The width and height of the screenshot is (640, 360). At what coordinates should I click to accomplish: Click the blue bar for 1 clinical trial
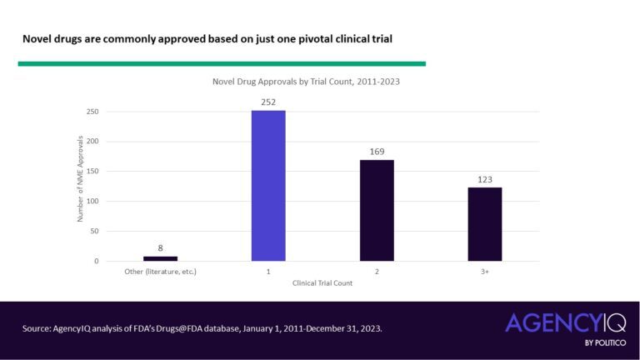pyautogui.click(x=268, y=186)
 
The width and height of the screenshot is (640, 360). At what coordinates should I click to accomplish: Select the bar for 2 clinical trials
pyautogui.click(x=377, y=210)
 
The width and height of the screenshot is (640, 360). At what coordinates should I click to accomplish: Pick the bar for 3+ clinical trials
pyautogui.click(x=484, y=224)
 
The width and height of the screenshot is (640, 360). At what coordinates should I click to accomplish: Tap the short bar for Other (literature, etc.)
pyautogui.click(x=160, y=258)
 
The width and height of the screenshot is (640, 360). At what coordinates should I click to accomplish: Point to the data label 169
pyautogui.click(x=377, y=152)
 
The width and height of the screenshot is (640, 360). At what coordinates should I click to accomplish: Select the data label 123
pyautogui.click(x=484, y=180)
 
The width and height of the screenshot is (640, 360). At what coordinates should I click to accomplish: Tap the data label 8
pyautogui.click(x=160, y=248)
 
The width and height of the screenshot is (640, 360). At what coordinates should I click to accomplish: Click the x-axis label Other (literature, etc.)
pyautogui.click(x=160, y=272)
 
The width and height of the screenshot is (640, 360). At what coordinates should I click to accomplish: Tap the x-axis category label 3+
pyautogui.click(x=484, y=272)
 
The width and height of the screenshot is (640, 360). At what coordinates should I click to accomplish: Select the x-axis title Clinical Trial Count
pyautogui.click(x=322, y=283)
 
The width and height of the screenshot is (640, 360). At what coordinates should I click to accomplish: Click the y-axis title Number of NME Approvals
pyautogui.click(x=81, y=179)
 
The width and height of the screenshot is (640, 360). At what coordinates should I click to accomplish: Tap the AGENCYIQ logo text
pyautogui.click(x=564, y=323)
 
